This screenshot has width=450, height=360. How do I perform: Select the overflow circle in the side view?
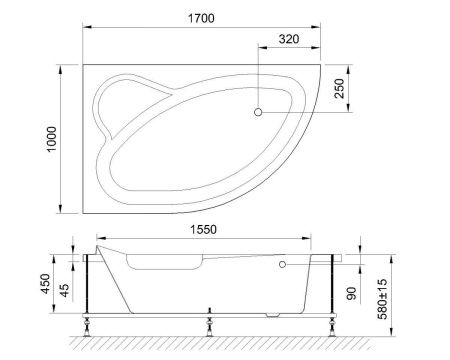tap(283, 266)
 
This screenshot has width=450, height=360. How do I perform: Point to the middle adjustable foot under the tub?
tap(209, 321)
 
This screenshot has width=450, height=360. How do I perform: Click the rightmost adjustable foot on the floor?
tap(331, 321)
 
